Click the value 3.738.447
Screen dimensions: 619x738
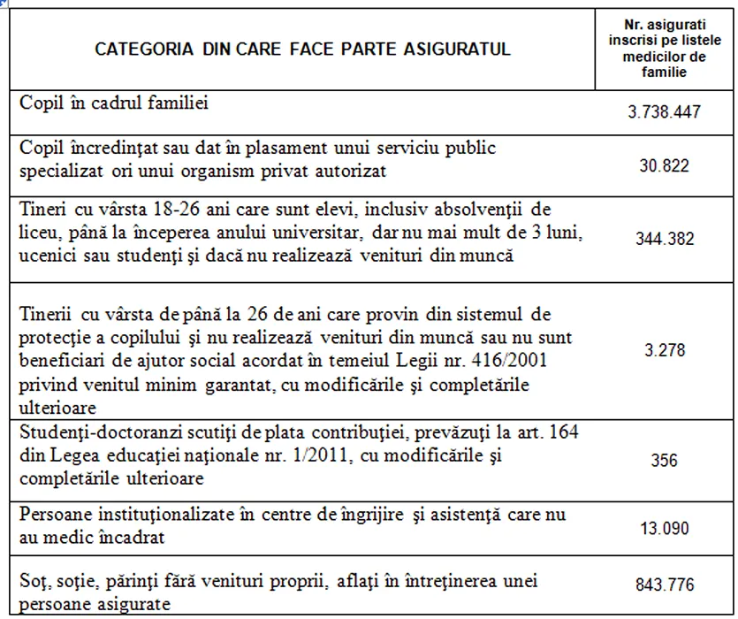click(x=664, y=114)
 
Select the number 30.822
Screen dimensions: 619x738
click(x=664, y=165)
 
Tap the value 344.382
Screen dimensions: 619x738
click(x=664, y=239)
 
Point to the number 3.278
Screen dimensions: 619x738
click(x=665, y=350)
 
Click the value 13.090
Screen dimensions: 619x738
click(x=664, y=528)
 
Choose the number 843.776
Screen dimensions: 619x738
click(x=664, y=585)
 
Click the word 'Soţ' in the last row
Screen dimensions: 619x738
click(x=32, y=582)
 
